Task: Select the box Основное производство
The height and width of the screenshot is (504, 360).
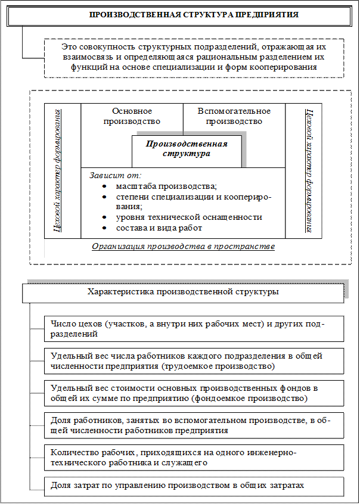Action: click(x=132, y=116)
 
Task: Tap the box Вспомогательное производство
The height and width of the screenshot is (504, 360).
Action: click(x=234, y=116)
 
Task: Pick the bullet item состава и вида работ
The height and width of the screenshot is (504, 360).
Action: click(x=159, y=228)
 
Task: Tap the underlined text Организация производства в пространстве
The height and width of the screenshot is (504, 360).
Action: click(x=183, y=247)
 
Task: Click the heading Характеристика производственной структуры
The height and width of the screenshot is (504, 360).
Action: click(x=183, y=293)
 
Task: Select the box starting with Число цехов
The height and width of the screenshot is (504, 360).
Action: click(x=194, y=329)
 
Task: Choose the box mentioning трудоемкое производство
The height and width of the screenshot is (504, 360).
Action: click(x=194, y=360)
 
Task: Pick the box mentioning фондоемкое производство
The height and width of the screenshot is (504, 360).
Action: click(x=194, y=393)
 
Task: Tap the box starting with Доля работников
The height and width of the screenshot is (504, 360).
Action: click(x=194, y=425)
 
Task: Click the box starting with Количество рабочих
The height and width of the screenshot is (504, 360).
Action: click(x=194, y=457)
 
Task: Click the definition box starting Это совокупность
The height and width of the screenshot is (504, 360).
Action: click(x=194, y=57)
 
